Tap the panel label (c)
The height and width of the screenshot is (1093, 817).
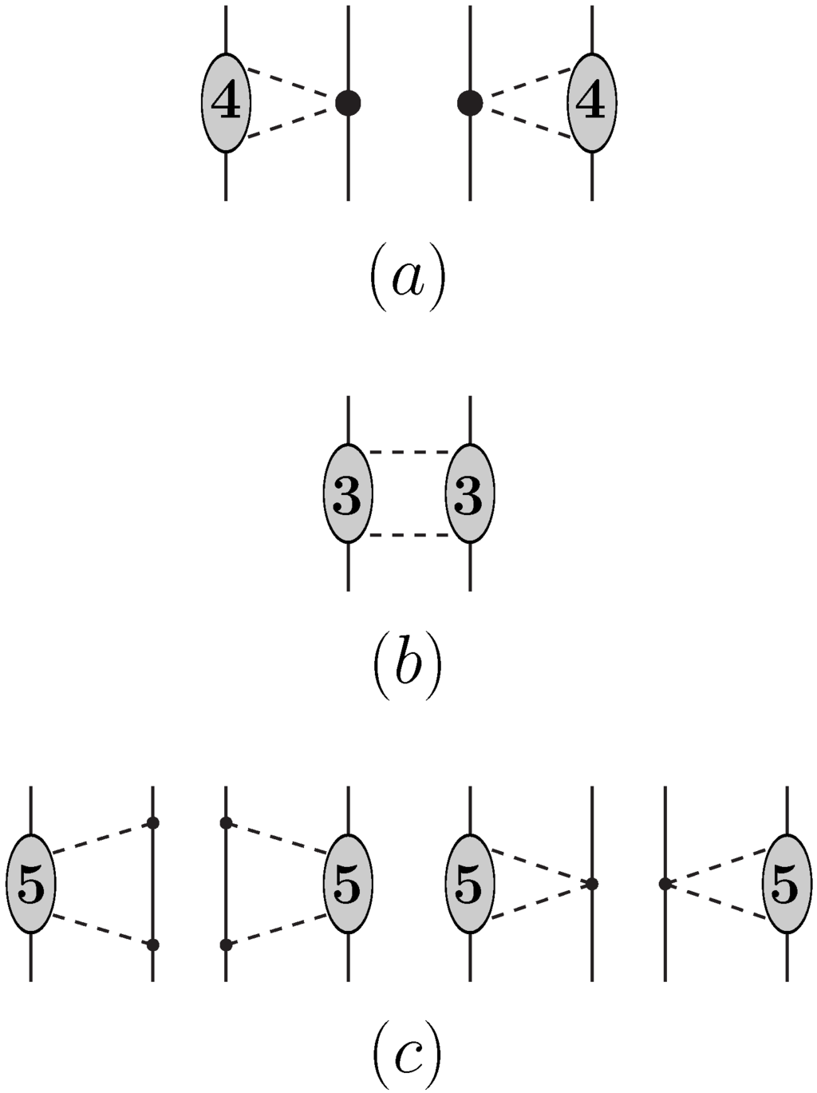[x=407, y=1057]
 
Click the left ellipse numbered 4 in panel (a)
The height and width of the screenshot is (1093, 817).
[x=226, y=102]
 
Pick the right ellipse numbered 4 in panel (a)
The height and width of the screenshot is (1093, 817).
[x=592, y=102]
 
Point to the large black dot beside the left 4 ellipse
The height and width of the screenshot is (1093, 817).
[x=348, y=102]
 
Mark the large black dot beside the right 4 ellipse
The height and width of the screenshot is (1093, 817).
[x=470, y=102]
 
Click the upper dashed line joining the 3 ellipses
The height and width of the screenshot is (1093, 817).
[x=408, y=453]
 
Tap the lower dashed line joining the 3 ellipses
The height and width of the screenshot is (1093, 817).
[x=408, y=534]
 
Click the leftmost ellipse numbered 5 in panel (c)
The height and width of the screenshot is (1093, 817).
[x=30, y=884]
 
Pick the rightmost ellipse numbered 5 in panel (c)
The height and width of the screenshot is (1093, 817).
[x=787, y=884]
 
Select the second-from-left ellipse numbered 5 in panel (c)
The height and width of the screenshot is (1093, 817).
[x=348, y=884]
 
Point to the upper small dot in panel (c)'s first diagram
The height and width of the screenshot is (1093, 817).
[x=152, y=822]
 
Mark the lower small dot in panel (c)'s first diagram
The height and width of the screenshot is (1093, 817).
[x=152, y=945]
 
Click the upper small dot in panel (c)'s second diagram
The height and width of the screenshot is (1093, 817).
[x=226, y=822]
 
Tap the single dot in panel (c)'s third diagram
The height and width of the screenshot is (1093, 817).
[x=591, y=884]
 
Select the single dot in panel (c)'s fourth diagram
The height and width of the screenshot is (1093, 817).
[x=665, y=884]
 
